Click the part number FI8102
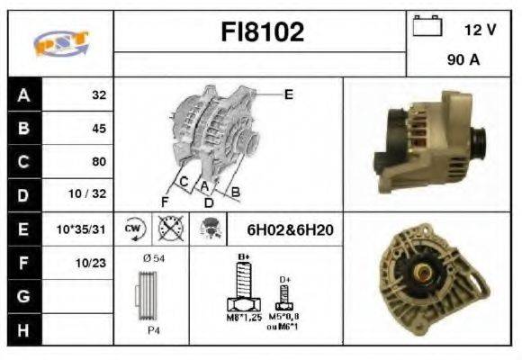tap(262, 33)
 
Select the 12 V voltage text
tap(480, 30)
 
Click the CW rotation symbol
tap(133, 229)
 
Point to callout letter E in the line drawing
tap(288, 94)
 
